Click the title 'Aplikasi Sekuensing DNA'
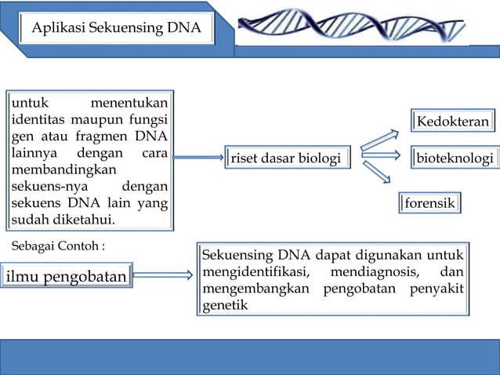[x=117, y=30]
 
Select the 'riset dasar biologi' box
[x=286, y=159]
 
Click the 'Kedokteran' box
[x=453, y=122]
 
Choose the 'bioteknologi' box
[x=455, y=158]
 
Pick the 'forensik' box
[x=430, y=203]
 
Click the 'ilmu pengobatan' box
[x=67, y=276]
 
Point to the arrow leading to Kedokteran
[x=379, y=139]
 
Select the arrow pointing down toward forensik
[x=377, y=173]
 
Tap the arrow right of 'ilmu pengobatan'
[x=163, y=275]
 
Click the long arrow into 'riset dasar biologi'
[x=197, y=158]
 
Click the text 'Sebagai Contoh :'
[x=59, y=246]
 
